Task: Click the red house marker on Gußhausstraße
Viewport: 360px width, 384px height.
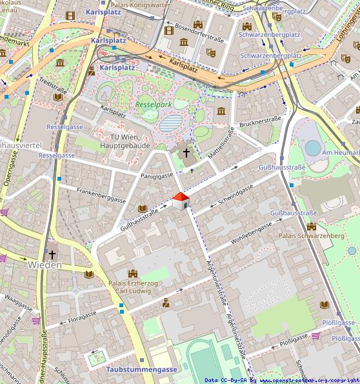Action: coord(181,201)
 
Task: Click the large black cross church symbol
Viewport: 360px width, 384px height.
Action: coord(186,153)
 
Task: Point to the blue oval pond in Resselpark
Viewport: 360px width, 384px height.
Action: coord(171,123)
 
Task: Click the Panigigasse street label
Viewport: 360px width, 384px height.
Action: coord(157,175)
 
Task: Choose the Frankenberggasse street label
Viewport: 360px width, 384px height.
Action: coord(101,195)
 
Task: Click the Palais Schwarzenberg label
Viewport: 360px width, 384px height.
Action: coord(311,236)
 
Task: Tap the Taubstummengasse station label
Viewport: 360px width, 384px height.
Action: coord(141,369)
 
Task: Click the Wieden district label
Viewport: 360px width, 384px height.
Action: coord(45,265)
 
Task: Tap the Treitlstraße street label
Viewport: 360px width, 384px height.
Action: coord(53,85)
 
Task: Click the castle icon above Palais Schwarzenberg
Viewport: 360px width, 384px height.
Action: coord(312,227)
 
